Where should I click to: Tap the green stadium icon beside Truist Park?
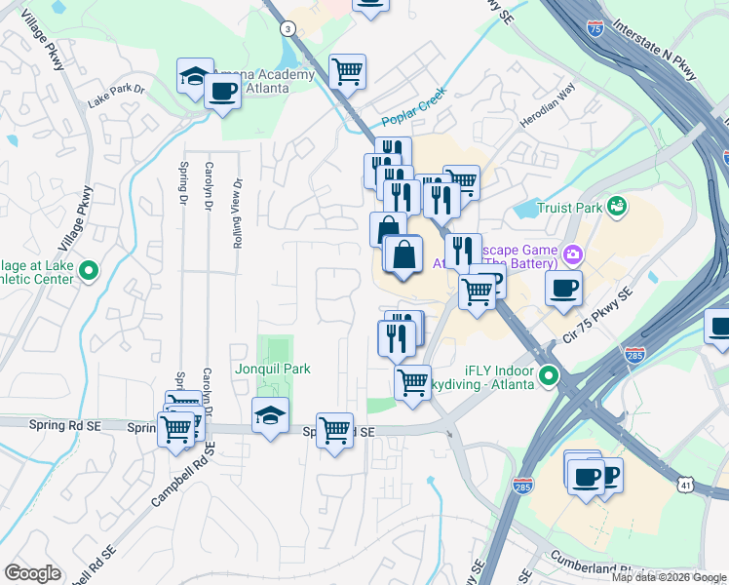(x=616, y=207)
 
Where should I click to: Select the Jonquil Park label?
(x=273, y=370)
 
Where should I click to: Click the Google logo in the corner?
(x=32, y=573)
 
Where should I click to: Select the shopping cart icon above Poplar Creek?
(x=348, y=70)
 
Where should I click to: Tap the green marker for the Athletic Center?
(x=90, y=271)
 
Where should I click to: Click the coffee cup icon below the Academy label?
(x=223, y=92)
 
